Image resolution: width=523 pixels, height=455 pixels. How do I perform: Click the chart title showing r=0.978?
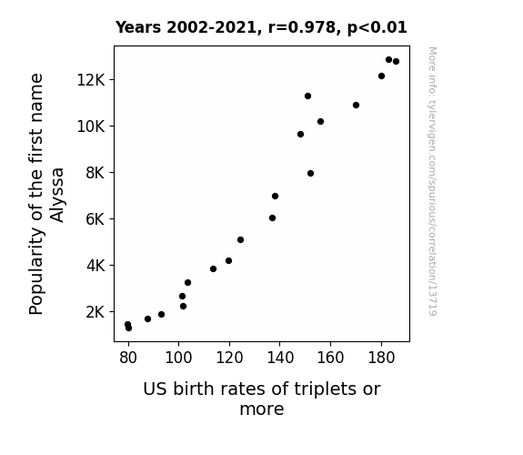tap(261, 27)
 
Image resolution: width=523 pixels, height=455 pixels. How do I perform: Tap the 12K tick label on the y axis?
tap(91, 80)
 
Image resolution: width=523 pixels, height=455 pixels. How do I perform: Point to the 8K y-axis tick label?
tap(96, 173)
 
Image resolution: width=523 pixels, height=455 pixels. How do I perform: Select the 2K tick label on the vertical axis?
tap(96, 312)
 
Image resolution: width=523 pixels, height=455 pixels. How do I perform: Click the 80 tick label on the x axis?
tap(128, 358)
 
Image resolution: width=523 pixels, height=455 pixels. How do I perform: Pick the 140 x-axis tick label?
tap(280, 358)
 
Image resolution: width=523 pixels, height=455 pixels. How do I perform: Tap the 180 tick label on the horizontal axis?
tap(381, 358)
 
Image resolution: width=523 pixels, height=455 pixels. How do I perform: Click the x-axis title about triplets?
tap(262, 399)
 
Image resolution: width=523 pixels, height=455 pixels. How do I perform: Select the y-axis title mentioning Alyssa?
tap(46, 194)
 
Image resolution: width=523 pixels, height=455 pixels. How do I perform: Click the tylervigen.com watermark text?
tap(432, 181)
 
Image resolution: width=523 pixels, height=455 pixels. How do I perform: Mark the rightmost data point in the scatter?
tap(396, 61)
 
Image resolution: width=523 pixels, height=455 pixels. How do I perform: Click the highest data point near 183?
tap(388, 60)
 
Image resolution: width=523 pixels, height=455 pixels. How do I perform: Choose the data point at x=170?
tap(356, 106)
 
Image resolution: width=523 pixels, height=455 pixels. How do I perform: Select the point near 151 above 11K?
tap(307, 96)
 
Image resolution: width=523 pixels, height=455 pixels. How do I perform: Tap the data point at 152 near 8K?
tap(310, 173)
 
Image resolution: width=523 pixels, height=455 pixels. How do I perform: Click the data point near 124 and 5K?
tap(240, 239)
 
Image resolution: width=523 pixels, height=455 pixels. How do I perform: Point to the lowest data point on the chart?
tap(128, 329)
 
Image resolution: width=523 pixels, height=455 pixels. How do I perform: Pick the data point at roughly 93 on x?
tap(161, 315)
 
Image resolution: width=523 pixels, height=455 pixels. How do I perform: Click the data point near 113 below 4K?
tap(213, 269)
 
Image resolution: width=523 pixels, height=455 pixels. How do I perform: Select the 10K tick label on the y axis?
tap(91, 126)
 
